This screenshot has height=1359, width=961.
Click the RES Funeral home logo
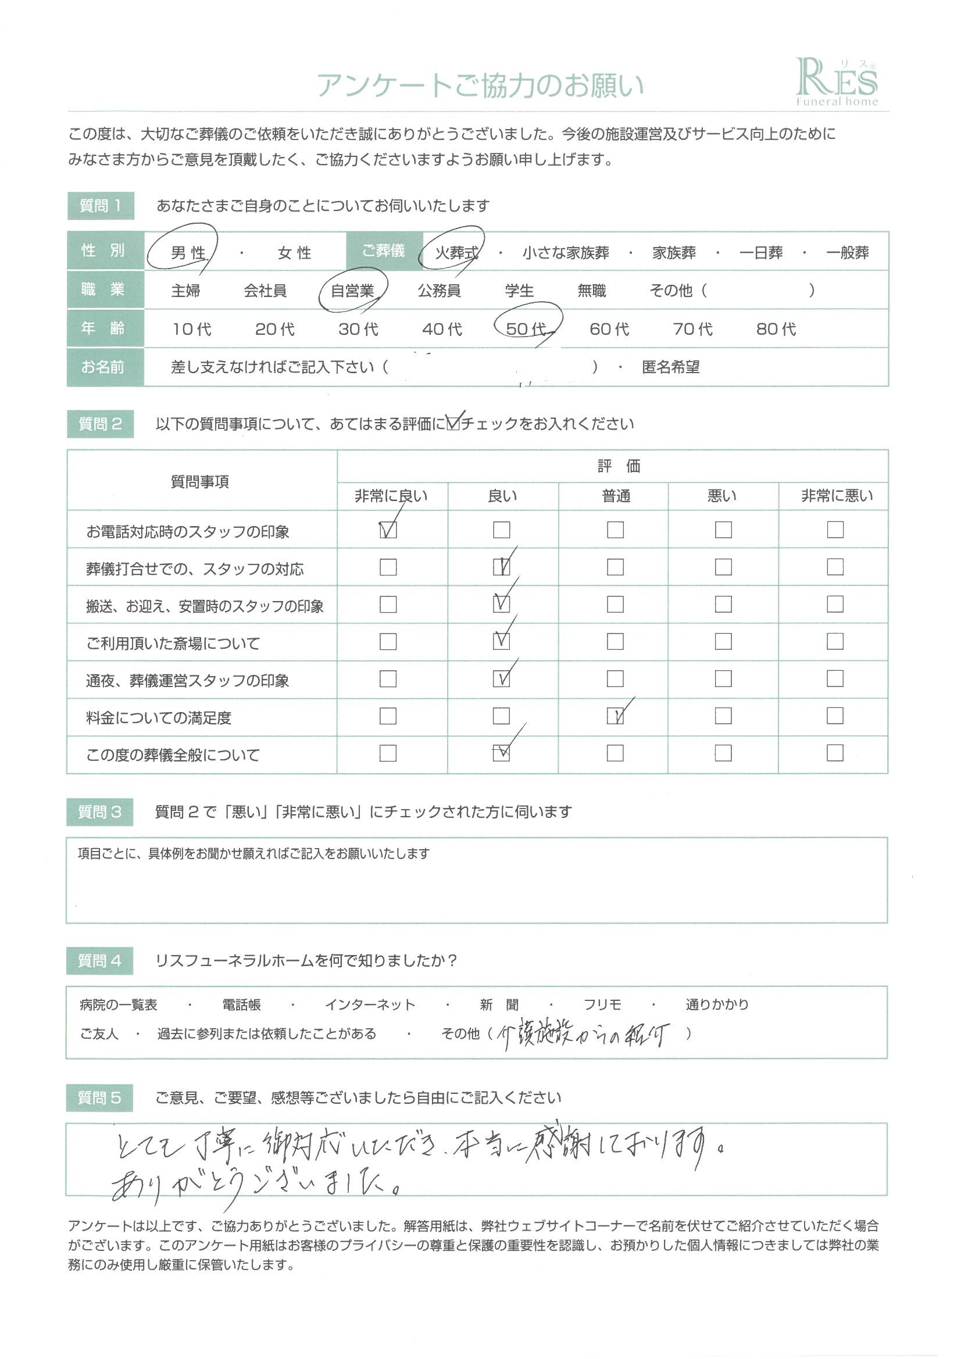point(836,83)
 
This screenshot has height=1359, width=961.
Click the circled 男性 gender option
point(188,253)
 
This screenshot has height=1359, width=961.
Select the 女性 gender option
point(294,253)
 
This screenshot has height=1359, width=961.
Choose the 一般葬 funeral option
point(847,253)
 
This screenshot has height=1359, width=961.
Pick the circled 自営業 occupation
point(352,291)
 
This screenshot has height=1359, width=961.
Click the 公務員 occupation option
point(439,291)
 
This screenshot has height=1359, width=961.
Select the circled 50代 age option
point(526,328)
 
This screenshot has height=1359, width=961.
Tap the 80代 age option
point(776,328)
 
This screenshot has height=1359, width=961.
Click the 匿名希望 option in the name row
point(670,367)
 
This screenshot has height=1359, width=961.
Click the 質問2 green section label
point(100,424)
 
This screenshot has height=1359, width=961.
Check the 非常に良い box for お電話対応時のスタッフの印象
point(388,529)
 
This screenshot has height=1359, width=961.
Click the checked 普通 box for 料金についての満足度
point(615,716)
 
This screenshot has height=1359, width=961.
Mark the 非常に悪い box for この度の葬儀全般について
point(835,753)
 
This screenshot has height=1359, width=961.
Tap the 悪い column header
point(723,496)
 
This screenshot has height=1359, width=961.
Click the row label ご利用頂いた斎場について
point(173,643)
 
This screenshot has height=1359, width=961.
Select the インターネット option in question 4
point(370,1005)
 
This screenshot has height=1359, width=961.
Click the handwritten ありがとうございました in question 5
point(255,1182)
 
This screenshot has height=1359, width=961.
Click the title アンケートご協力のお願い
point(480,86)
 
